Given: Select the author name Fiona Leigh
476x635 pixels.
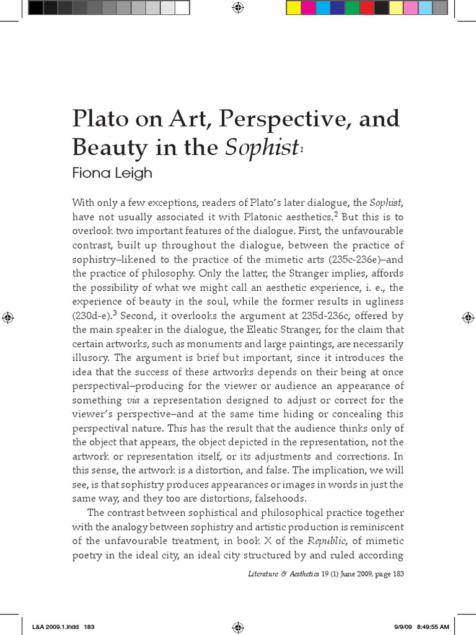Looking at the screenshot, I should (x=112, y=174).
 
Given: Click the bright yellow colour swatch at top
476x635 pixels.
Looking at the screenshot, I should (x=294, y=7).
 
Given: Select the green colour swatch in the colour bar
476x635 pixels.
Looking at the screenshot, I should (x=352, y=7).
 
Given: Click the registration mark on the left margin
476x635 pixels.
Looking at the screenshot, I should (x=7, y=317).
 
